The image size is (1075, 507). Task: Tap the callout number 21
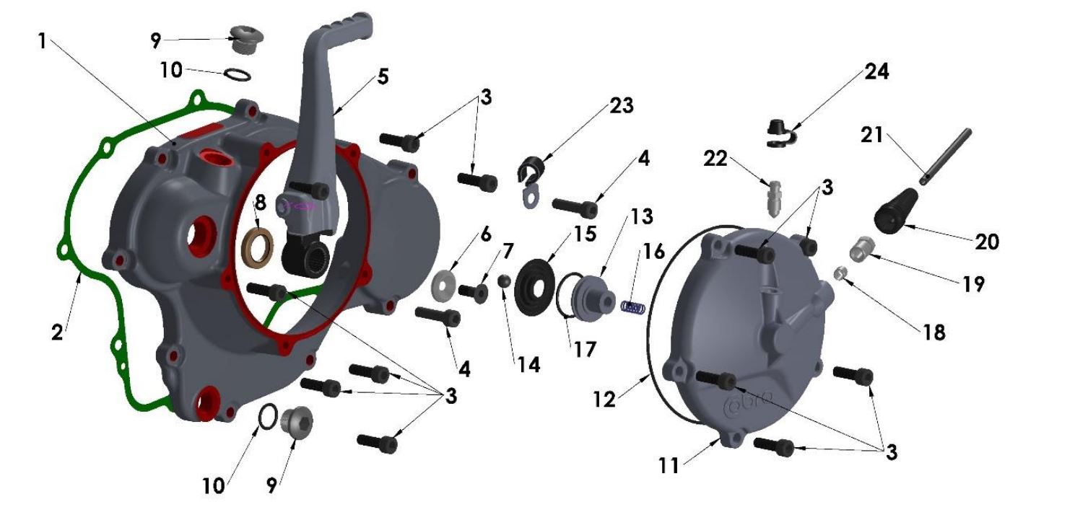(872, 136)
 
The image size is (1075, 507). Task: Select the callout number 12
(604, 398)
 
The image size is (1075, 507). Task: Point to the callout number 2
(58, 332)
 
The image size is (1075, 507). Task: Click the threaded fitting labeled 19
(858, 248)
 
